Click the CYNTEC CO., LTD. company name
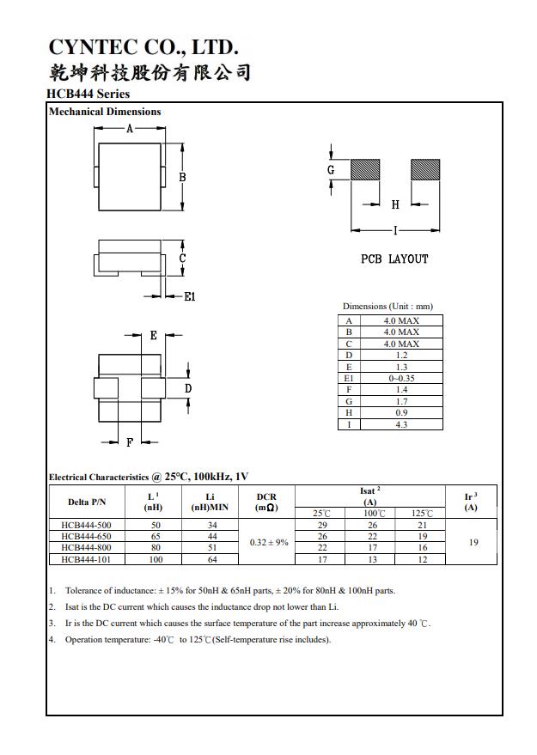[x=143, y=46]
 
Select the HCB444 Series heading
[x=89, y=94]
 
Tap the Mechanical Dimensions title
[x=105, y=112]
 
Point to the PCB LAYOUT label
[x=394, y=259]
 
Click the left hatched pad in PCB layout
[x=365, y=170]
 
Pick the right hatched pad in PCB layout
[x=425, y=170]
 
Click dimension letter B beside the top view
[x=182, y=177]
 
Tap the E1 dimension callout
[x=190, y=297]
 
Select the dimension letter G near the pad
[x=331, y=170]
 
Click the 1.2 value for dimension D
[x=401, y=355]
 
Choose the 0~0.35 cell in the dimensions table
[x=401, y=378]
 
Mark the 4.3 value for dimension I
[x=401, y=424]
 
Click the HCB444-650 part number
[x=86, y=536]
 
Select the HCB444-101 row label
[x=86, y=559]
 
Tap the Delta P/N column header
[x=86, y=502]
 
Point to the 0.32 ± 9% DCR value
[x=269, y=542]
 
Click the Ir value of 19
[x=473, y=542]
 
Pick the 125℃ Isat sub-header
[x=422, y=514]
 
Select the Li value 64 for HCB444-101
[x=212, y=559]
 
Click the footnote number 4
[x=52, y=639]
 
